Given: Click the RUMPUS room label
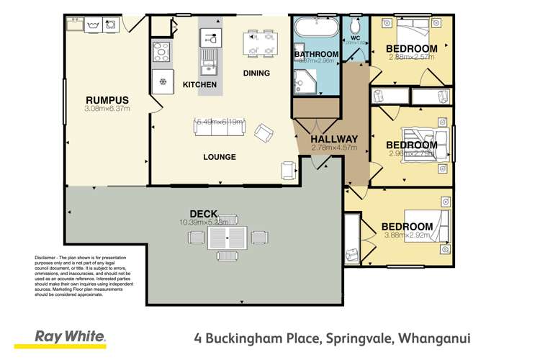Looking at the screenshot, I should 107,99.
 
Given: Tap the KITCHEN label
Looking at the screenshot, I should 199,85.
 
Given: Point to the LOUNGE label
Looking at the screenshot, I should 219,157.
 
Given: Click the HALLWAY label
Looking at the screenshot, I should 333,139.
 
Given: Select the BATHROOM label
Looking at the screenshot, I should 316,55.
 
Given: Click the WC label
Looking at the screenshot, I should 355,37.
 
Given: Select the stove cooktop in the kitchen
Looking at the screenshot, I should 160,52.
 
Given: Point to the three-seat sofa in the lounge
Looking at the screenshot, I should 219,127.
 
